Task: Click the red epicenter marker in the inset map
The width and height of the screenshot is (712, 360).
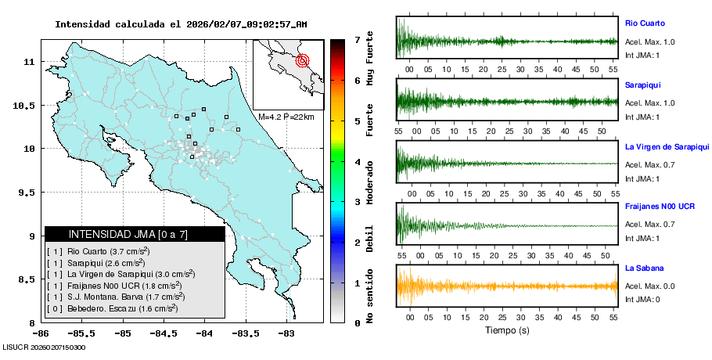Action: tap(304, 60)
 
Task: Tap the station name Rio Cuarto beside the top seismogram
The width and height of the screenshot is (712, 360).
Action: tap(645, 23)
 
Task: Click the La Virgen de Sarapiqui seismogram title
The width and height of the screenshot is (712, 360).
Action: tap(667, 146)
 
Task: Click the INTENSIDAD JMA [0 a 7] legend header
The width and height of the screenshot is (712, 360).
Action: tap(135, 234)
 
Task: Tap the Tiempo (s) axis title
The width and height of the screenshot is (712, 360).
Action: tap(507, 330)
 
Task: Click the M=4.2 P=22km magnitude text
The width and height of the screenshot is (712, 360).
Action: tap(286, 117)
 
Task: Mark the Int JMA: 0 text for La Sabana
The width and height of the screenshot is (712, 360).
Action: tap(642, 299)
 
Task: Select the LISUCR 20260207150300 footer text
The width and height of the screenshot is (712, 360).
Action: tap(45, 347)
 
